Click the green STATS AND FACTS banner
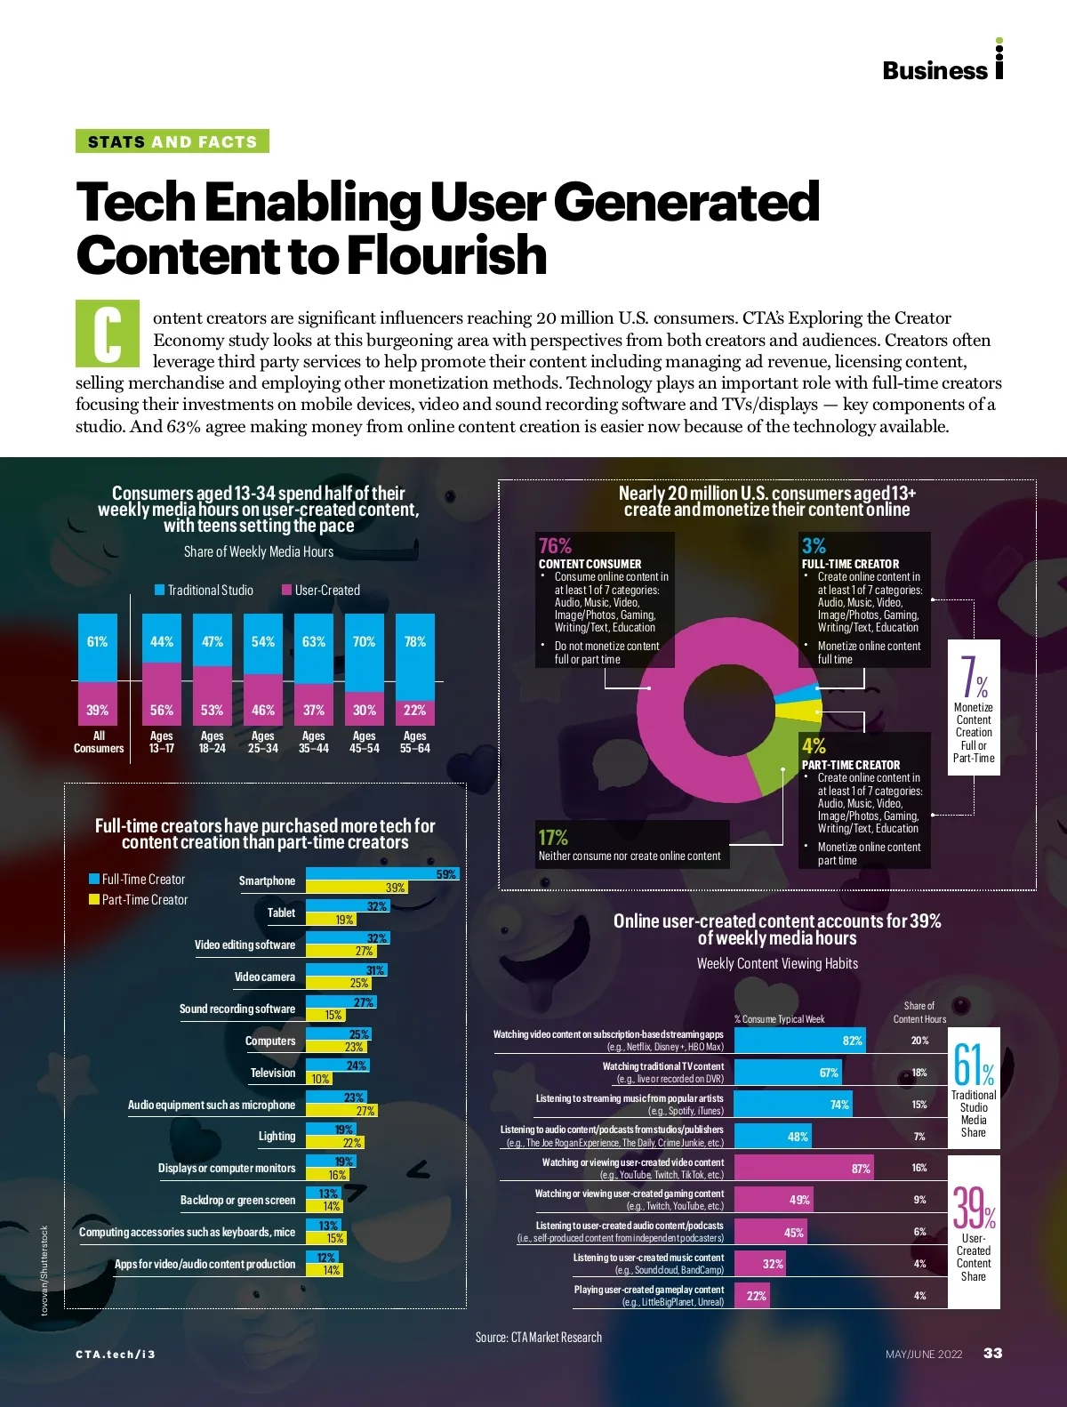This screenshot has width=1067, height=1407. (x=172, y=141)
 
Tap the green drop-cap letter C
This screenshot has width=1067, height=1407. (x=108, y=334)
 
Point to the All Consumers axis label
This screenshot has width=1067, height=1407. (x=99, y=742)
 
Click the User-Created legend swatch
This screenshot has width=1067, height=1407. (x=287, y=590)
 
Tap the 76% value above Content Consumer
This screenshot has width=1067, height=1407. (x=555, y=545)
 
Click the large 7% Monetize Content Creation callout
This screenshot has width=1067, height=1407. (x=974, y=707)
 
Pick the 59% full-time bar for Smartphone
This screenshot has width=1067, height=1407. (x=382, y=874)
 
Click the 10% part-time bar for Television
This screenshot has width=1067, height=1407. (x=319, y=1078)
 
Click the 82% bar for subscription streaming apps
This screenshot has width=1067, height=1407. (x=798, y=1041)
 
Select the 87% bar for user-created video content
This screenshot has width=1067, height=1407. (x=804, y=1168)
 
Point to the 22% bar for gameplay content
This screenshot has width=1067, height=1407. (x=751, y=1295)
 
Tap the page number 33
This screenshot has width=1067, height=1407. (x=992, y=1353)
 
